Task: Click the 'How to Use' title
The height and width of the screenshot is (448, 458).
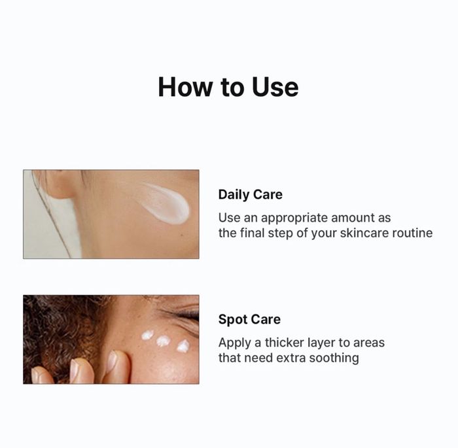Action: click(x=228, y=87)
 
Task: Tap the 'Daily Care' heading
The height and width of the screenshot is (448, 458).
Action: click(x=251, y=194)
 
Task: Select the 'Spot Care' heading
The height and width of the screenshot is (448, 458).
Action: click(x=249, y=319)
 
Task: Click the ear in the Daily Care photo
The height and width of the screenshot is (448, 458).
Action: click(x=56, y=183)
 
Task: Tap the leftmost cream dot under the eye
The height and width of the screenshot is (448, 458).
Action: click(x=148, y=335)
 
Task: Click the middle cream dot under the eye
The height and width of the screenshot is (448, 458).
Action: click(x=162, y=341)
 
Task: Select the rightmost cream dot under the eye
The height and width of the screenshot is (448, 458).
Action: click(x=183, y=346)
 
